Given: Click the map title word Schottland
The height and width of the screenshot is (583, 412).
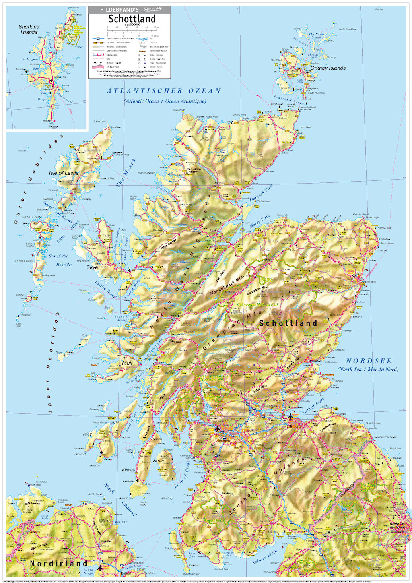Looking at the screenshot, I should click(132, 19).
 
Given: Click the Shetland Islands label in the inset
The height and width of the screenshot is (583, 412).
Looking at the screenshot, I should click(29, 29).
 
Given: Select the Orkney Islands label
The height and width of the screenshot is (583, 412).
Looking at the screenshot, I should click(328, 68).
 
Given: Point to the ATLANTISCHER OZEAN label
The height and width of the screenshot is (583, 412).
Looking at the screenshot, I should click(164, 91).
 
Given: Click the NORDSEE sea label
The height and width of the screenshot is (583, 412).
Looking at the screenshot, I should click(369, 361).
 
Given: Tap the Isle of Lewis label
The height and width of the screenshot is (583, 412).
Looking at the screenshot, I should click(64, 173).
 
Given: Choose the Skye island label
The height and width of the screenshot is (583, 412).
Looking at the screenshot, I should click(92, 267).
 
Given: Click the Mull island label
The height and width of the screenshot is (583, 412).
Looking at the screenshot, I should click(127, 363).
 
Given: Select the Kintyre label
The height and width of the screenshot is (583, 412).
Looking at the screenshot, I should click(128, 470).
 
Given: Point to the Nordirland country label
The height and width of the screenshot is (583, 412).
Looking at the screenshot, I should click(58, 563).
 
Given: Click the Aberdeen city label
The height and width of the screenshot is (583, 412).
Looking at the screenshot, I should click(369, 282).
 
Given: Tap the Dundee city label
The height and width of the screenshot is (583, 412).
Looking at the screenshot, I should click(316, 361).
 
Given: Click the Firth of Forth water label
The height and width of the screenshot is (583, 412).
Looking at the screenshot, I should click(313, 407).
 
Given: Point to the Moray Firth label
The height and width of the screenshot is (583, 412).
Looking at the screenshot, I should click(260, 222).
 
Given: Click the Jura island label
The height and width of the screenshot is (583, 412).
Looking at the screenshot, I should click(115, 422).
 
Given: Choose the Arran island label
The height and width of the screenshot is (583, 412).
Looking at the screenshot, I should click(159, 461).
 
